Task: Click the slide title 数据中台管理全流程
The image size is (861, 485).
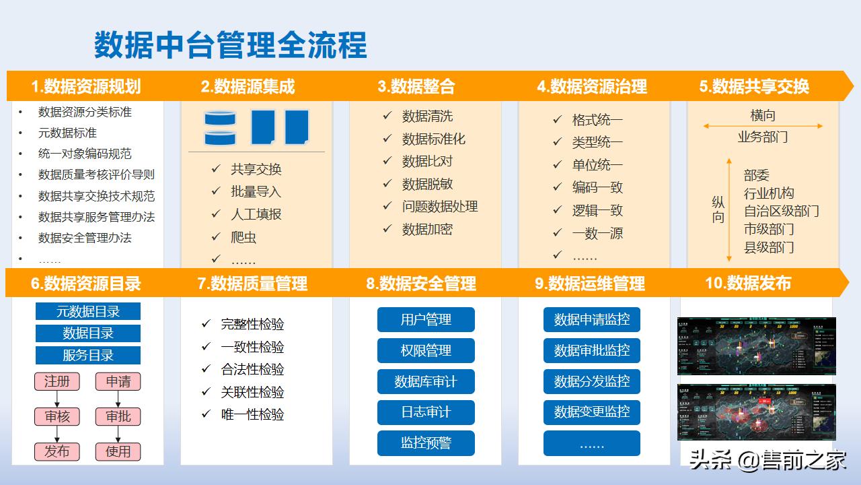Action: point(230,45)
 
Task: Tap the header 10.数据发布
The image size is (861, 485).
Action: point(748,283)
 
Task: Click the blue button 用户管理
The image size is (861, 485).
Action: point(426,319)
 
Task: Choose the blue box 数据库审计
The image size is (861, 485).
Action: point(426,382)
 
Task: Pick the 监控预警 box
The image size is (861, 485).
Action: point(426,443)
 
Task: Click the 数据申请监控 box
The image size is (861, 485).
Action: point(592,319)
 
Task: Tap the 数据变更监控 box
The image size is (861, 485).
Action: point(592,412)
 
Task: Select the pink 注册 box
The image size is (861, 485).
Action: point(57,381)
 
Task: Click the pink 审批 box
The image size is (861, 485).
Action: point(118,416)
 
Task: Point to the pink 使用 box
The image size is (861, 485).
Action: point(118,451)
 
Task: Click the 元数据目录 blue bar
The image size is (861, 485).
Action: point(88,311)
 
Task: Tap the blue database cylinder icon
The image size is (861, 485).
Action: point(220,128)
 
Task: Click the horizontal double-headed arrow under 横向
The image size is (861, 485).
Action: point(763,126)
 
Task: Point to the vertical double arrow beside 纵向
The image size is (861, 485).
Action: point(729,210)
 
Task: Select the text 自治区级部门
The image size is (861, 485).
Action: point(781,211)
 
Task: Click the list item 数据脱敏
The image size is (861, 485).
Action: point(427,184)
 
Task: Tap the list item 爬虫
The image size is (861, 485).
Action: point(244,237)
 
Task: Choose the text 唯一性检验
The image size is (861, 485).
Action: point(252,414)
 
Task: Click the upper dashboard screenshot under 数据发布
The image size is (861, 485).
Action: point(757,346)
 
